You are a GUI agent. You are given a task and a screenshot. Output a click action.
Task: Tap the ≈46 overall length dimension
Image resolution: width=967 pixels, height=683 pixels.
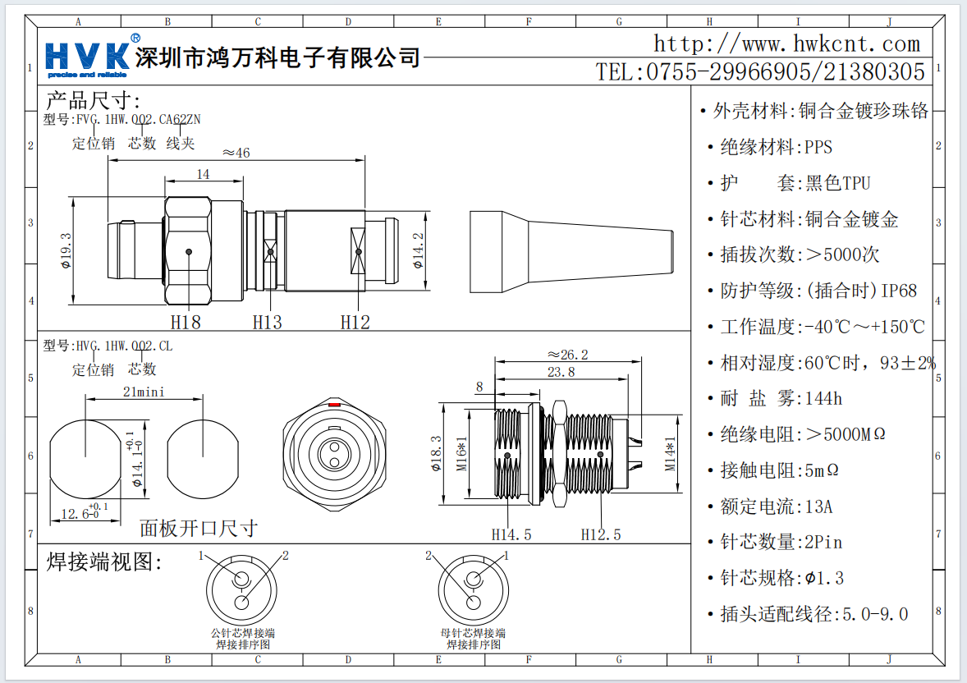point(236,152)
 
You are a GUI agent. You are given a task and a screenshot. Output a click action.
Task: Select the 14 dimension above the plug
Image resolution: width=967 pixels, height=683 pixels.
point(203,173)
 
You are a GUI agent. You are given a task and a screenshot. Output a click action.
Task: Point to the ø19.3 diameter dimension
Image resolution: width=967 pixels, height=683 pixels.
point(66,250)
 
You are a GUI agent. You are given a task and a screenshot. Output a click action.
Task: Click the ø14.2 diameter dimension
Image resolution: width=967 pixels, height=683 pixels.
point(418,250)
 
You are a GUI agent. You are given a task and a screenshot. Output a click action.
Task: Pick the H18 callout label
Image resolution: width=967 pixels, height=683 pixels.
point(186,322)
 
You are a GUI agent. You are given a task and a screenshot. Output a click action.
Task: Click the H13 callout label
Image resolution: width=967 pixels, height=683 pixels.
point(267,322)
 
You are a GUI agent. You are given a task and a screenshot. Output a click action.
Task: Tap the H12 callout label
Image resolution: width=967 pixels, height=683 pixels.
point(355,322)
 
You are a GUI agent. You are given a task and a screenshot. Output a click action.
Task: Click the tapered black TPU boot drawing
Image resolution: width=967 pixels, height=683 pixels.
point(571,251)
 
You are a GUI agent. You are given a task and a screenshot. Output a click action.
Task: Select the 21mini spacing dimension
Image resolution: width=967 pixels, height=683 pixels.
point(144,392)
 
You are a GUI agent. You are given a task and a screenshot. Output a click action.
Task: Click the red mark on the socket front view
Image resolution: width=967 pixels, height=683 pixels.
point(334,406)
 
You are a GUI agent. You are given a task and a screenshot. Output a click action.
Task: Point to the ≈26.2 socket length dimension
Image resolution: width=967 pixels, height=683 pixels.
point(568,355)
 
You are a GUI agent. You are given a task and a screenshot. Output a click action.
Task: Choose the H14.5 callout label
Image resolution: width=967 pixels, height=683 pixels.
point(511,534)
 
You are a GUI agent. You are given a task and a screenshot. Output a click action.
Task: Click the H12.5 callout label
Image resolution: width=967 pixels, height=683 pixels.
point(601,534)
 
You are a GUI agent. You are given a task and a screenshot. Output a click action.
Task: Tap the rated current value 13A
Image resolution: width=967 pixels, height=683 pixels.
point(818,507)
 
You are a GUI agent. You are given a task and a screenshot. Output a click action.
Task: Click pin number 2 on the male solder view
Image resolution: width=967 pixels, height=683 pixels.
point(286,556)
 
